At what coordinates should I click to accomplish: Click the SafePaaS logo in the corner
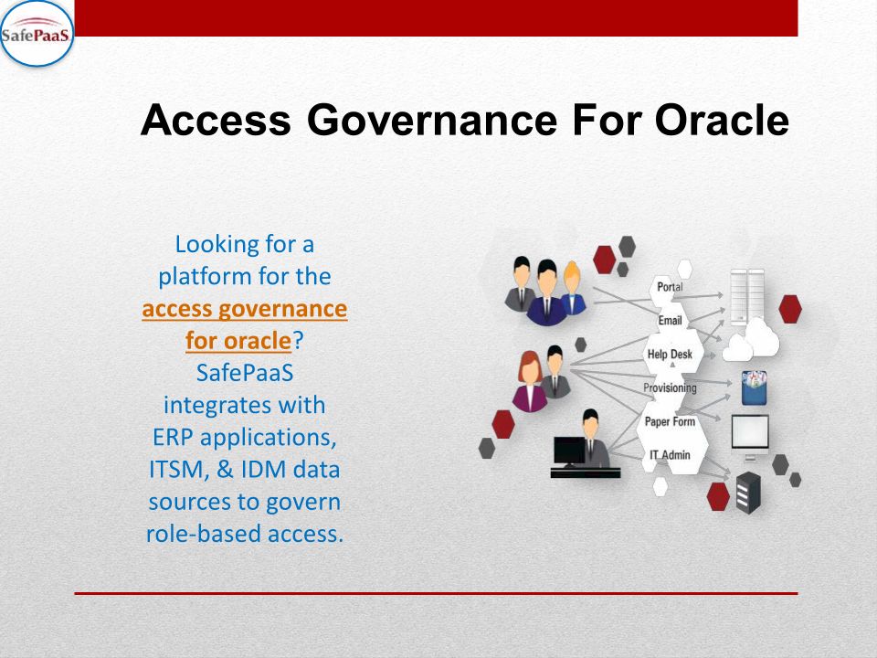click(37, 34)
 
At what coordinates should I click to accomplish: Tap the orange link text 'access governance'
click(245, 309)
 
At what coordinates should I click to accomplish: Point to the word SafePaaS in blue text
click(245, 373)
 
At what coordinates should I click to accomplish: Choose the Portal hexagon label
click(670, 287)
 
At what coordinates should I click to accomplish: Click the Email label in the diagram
click(670, 321)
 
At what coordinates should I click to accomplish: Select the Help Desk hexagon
click(671, 355)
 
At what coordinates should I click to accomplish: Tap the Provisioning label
click(670, 387)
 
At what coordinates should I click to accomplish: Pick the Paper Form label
click(670, 421)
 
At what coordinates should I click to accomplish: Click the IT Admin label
click(670, 455)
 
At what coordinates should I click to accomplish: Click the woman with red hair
click(529, 382)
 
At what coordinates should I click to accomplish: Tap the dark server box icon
click(748, 493)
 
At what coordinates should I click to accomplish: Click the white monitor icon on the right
click(750, 435)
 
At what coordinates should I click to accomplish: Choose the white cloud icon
click(751, 340)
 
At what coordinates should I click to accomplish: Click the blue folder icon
click(754, 387)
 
